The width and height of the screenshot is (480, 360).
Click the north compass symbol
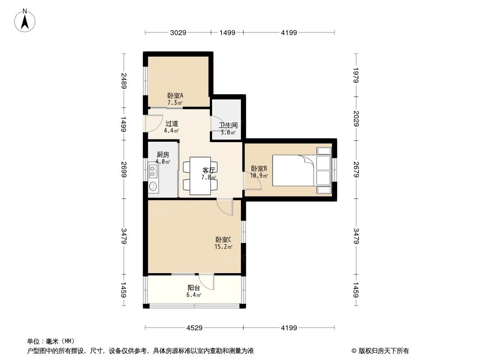tap(26, 20)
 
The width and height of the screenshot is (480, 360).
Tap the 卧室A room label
tap(175, 95)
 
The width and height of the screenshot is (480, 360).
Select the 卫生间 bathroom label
tap(228, 125)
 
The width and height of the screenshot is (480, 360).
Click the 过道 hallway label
tap(172, 124)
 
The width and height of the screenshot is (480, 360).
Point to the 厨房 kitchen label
tap(163, 154)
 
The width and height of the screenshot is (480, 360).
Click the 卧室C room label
tap(223, 240)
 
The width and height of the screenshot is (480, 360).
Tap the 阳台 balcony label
tap(194, 288)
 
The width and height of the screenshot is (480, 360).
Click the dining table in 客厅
tap(200, 175)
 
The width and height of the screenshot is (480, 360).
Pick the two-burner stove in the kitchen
tap(154, 171)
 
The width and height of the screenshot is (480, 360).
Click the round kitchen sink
tap(154, 186)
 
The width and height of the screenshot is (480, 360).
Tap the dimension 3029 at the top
tap(178, 32)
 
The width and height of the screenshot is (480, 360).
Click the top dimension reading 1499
tap(227, 32)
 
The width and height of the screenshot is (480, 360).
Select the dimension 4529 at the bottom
tap(195, 328)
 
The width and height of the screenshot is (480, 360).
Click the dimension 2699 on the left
tap(123, 169)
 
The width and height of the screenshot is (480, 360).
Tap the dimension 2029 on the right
tap(356, 118)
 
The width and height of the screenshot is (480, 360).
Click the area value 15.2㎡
tap(223, 247)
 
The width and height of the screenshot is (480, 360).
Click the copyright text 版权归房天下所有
tap(380, 351)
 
